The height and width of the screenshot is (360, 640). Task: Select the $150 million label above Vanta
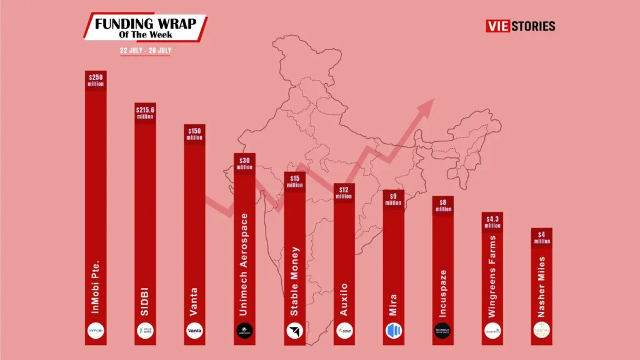click(x=194, y=133)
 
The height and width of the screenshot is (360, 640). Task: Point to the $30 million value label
click(x=244, y=162)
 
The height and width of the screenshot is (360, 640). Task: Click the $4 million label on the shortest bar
click(x=541, y=237)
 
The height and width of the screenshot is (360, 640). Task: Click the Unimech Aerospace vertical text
click(x=244, y=263)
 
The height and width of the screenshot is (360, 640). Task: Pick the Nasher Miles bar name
click(x=541, y=284)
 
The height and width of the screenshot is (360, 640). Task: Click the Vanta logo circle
click(x=194, y=331)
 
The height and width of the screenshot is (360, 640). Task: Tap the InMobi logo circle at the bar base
click(x=96, y=331)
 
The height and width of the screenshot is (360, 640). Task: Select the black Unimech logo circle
click(x=244, y=331)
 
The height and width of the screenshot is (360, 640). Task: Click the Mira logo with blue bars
click(x=393, y=331)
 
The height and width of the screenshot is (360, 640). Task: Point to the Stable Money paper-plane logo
click(x=294, y=331)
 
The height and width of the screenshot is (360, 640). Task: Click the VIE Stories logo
click(x=520, y=26)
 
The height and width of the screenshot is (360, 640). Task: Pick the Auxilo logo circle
click(x=344, y=331)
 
